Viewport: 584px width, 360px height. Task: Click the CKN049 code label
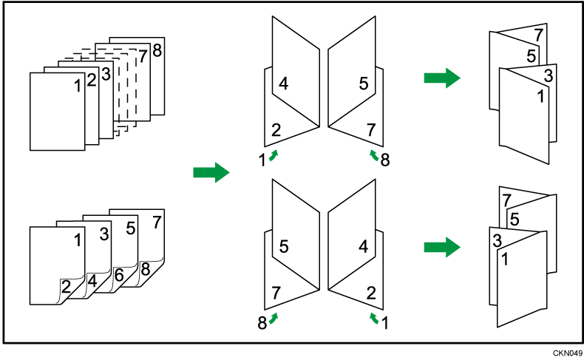click(x=566, y=353)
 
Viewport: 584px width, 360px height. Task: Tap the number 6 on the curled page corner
click(x=118, y=274)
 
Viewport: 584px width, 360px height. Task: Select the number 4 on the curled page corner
click(x=92, y=282)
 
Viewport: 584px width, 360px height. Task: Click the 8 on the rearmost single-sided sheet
click(x=156, y=50)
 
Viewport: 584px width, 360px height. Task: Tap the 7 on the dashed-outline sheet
click(x=143, y=55)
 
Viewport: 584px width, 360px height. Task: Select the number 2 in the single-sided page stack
click(x=92, y=80)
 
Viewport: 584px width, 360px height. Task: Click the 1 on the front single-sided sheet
click(x=78, y=86)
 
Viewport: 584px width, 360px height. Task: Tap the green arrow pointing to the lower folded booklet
click(x=441, y=248)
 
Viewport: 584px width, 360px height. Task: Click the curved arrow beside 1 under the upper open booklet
click(x=274, y=154)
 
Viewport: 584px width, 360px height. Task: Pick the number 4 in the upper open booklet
click(x=283, y=84)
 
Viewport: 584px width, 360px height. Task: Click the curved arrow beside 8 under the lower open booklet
click(x=274, y=318)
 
